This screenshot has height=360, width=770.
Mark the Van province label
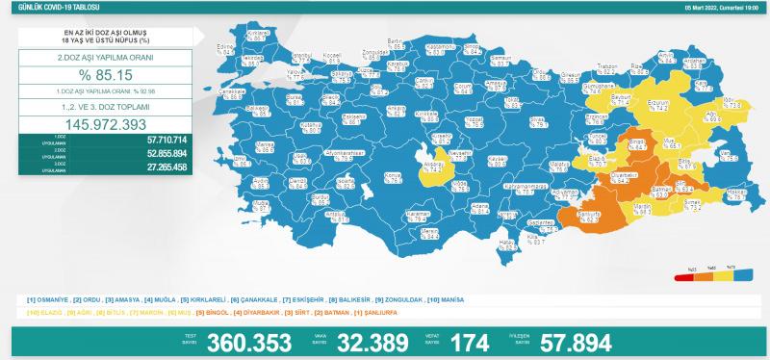click(729, 154)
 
